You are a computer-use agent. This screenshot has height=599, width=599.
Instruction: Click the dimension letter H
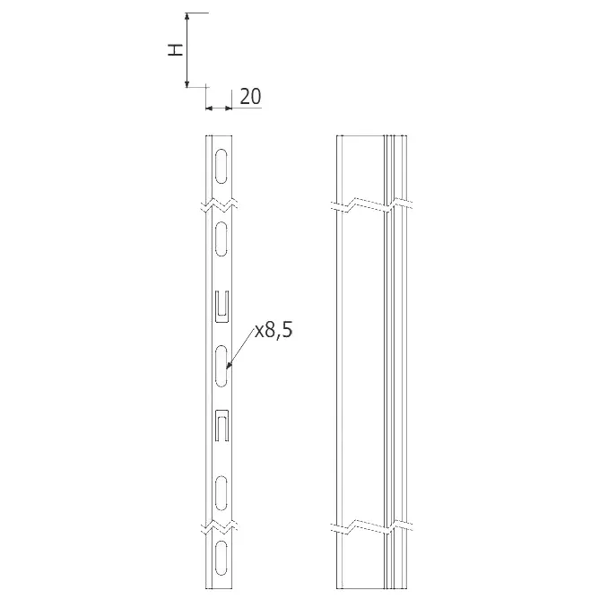pos(176,50)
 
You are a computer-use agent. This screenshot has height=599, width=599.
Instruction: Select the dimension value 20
pos(250,96)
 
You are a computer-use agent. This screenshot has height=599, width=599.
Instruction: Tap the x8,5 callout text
pos(273,330)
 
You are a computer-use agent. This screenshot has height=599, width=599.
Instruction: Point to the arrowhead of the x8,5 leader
pos(229,366)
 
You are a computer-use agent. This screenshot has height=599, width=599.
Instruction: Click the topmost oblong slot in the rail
pos(221,166)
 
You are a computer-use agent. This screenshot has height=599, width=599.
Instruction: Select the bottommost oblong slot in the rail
pos(221,558)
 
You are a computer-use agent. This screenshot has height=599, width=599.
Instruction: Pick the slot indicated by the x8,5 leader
pos(221,366)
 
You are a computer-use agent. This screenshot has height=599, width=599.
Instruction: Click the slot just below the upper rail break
pos(221,239)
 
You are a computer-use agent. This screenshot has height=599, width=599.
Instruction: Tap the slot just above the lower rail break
pos(221,493)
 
